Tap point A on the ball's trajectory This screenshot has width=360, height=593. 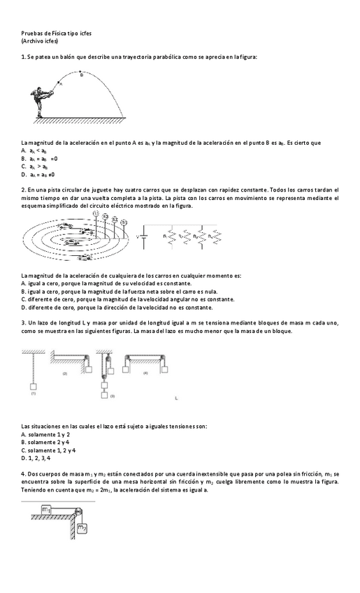pos(61,83)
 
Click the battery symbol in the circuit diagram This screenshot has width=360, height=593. pos(145,236)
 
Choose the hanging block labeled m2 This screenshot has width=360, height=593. pos(82,526)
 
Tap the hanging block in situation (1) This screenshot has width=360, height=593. pos(32,385)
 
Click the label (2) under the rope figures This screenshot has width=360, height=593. pos(65,375)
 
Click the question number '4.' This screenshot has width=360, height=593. pos(24,474)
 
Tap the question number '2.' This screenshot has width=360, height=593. pos(24,190)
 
